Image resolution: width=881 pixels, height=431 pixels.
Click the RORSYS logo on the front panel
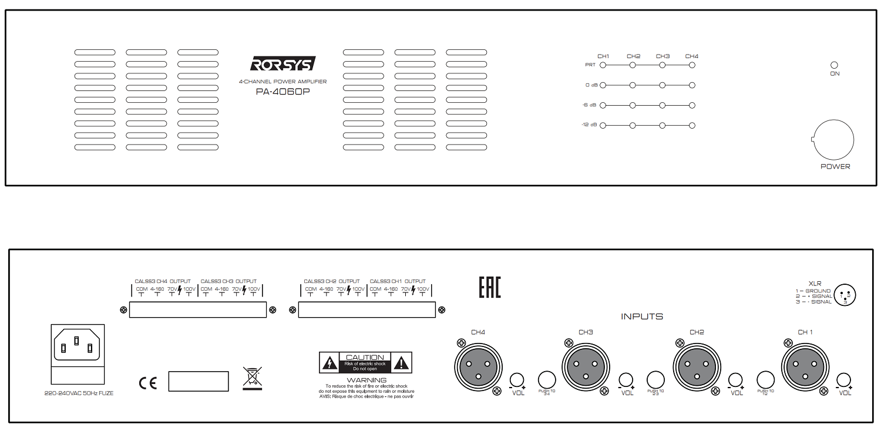[x=283, y=63]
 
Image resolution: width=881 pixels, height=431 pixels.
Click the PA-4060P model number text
[x=283, y=92]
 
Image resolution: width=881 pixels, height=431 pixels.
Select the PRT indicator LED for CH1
[x=603, y=65]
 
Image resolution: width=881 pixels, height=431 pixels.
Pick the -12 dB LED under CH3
[x=663, y=125]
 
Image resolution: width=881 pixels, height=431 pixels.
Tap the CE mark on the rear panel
[x=148, y=383]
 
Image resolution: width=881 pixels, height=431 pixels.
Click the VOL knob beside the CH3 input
[x=627, y=379]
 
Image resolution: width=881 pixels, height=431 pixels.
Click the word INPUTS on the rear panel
[x=642, y=316]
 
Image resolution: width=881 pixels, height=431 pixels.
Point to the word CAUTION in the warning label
[x=365, y=357]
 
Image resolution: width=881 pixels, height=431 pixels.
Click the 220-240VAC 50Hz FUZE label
[x=79, y=393]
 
